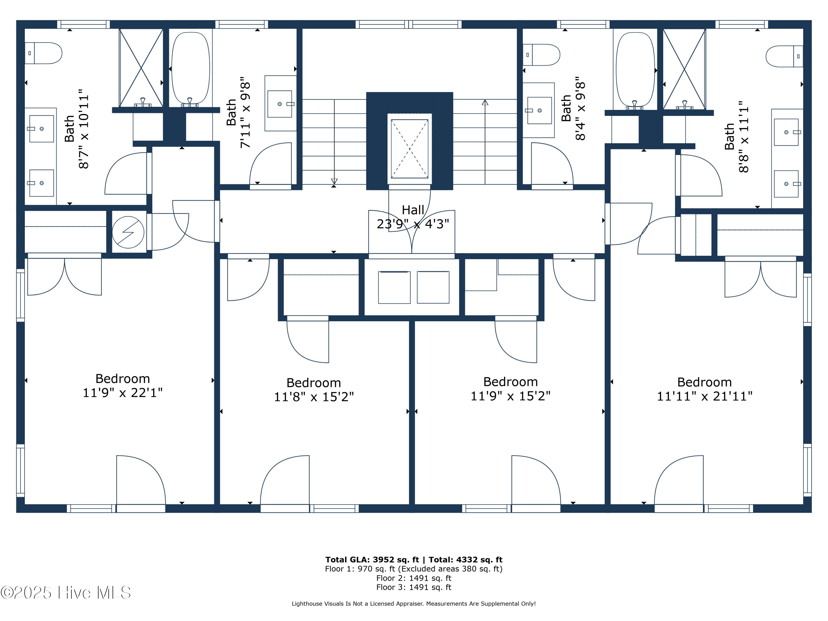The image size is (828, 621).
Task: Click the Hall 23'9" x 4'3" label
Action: (x=413, y=217)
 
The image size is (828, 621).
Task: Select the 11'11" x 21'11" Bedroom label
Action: (x=704, y=389)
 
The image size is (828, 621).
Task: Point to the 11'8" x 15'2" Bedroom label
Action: (x=314, y=390)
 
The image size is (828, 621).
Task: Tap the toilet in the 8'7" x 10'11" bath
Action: (x=44, y=53)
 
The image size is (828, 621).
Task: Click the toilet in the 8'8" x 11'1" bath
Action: (x=784, y=56)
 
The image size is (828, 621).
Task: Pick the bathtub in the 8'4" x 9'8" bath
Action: (x=635, y=70)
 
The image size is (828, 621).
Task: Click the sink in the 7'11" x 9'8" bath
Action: (x=280, y=104)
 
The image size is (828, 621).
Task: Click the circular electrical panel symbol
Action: (x=128, y=232)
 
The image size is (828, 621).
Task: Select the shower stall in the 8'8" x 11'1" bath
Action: (x=684, y=70)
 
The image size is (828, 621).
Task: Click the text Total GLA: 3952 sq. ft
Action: (x=372, y=560)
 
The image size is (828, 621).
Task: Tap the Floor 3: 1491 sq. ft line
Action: (x=414, y=587)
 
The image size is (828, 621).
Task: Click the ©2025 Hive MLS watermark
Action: (x=66, y=593)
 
